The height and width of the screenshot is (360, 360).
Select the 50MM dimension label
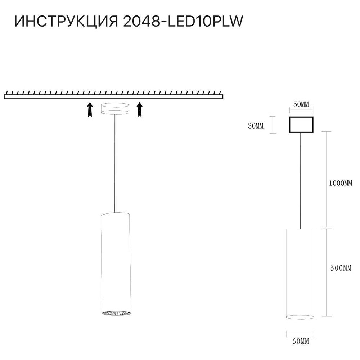point(301,105)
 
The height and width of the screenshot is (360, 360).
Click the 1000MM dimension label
point(340,183)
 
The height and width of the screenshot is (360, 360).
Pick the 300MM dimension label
point(340,268)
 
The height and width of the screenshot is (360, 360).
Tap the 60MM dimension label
point(300,341)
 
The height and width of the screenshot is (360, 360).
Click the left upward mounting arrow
point(90,109)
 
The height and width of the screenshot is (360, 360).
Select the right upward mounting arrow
point(140,109)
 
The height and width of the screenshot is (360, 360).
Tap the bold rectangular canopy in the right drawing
point(301,125)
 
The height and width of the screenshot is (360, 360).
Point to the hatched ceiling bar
point(113,96)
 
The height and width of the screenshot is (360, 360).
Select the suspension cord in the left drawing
point(115,162)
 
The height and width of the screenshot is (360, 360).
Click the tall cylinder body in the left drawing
point(115,263)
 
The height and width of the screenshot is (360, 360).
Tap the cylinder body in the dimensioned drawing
point(300,270)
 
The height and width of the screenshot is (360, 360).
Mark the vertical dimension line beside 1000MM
point(326,180)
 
